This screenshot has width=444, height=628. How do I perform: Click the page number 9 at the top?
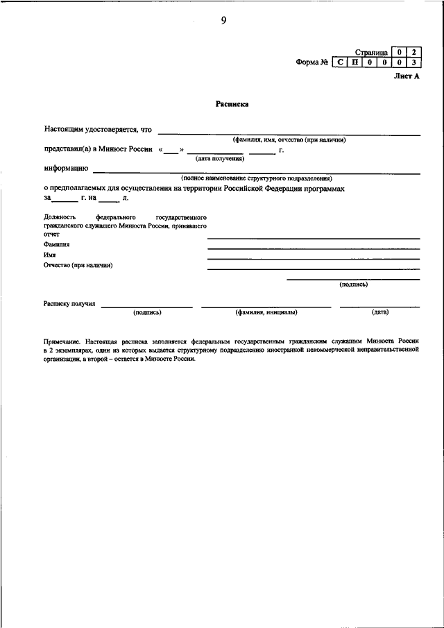pos(223,20)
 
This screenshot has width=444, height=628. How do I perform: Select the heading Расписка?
pos(232,105)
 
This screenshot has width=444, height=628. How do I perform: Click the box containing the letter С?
pos(340,63)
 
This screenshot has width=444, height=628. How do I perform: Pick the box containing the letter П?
pos(355,63)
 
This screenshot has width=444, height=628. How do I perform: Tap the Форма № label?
pos(311,63)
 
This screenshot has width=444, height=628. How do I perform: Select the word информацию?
pos(66,168)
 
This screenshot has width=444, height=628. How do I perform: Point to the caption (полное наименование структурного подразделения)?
pos(257,178)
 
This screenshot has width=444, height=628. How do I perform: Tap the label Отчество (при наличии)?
pos(78,265)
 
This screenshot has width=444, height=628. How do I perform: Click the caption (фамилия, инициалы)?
pos(266,312)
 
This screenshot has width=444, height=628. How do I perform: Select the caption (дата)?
pos(379,312)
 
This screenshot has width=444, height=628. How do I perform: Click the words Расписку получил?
pos(70,303)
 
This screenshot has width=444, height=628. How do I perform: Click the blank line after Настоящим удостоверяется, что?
pos(289,133)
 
